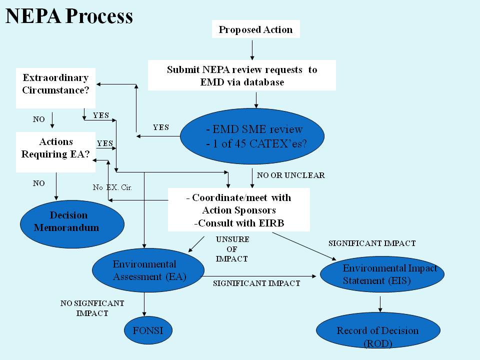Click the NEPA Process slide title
69,16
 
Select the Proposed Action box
255,29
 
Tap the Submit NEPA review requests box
242,75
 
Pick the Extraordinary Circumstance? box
55,84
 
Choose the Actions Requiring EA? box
55,148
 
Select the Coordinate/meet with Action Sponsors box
239,210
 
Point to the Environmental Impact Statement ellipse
381,274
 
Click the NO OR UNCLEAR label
290,175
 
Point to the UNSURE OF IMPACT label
232,249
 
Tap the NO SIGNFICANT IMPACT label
92,308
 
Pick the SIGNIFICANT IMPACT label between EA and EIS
256,283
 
